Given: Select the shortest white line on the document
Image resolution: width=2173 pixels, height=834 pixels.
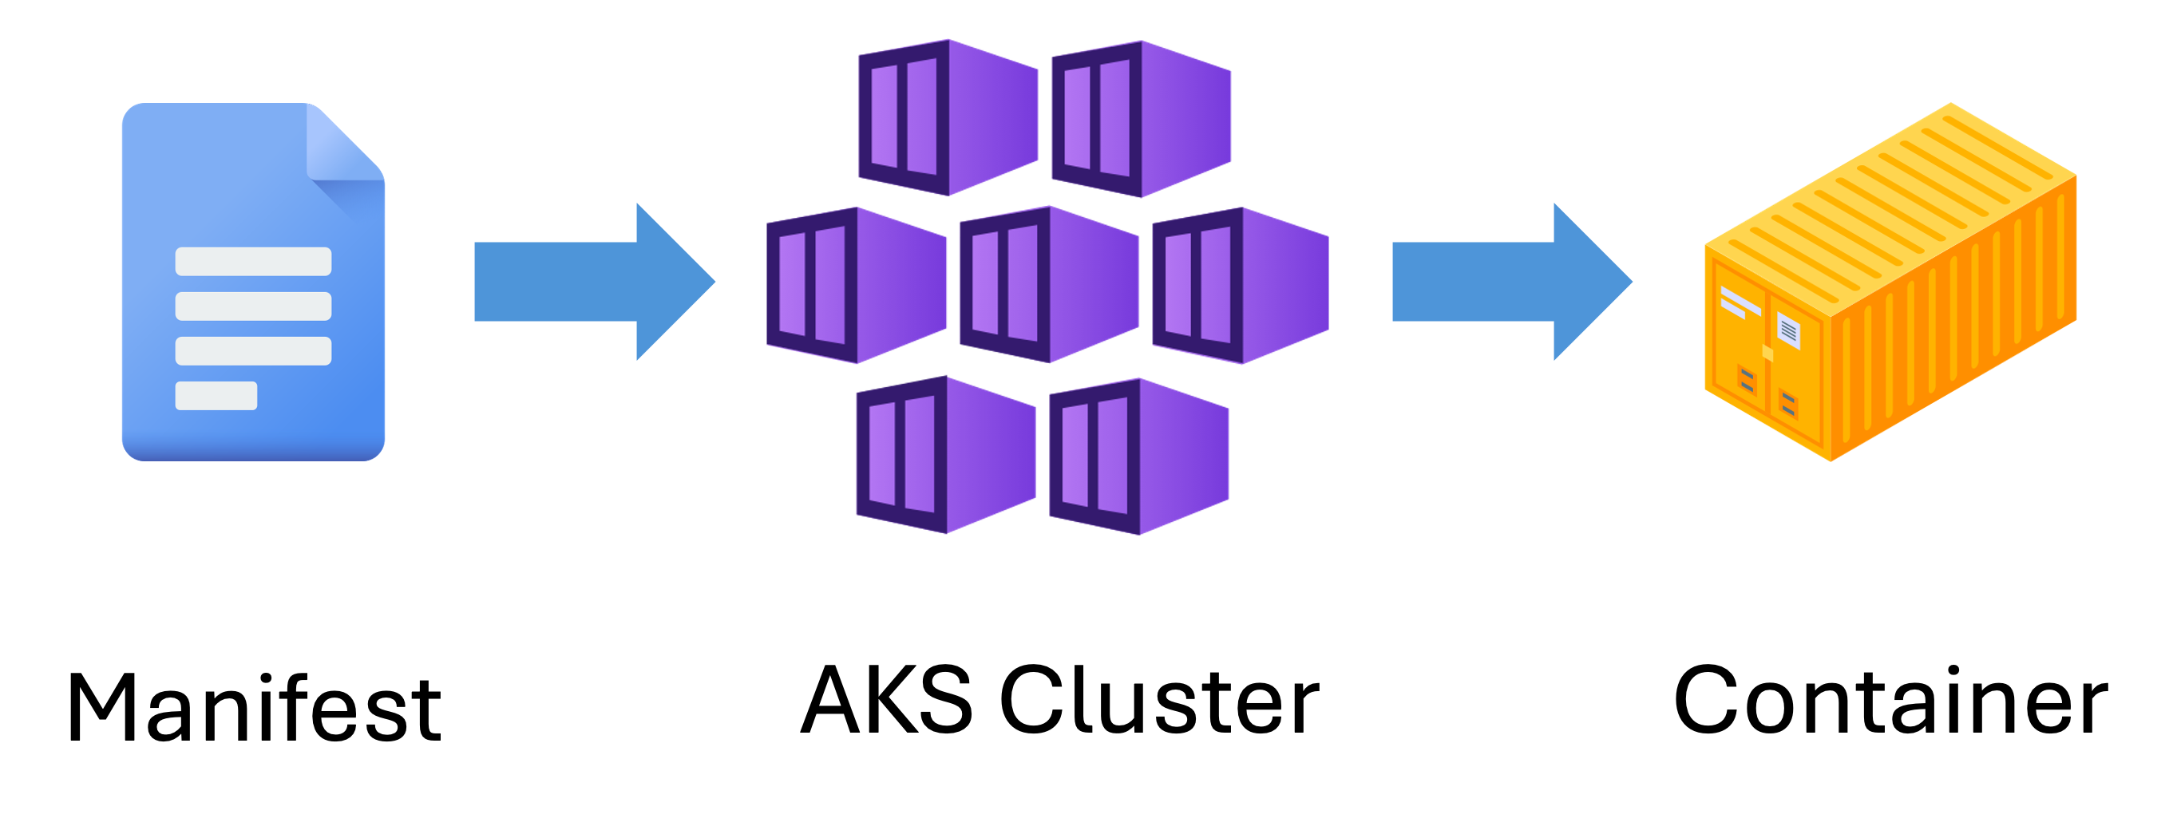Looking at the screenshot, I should [x=216, y=396].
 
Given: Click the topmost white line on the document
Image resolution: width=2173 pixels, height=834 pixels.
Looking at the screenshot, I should [x=253, y=262].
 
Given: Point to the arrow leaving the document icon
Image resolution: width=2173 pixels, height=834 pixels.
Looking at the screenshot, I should [x=591, y=282].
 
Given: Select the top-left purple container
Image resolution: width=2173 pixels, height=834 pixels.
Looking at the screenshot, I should [x=948, y=117].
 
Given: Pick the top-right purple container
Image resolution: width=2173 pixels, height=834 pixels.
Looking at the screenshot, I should [x=1141, y=119].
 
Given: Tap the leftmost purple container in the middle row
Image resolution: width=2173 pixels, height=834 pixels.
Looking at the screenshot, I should [x=857, y=285].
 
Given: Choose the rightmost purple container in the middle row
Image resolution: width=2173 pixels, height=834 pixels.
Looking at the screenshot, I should [x=1240, y=285].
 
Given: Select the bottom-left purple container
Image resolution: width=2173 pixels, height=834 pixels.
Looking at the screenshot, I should [x=946, y=455].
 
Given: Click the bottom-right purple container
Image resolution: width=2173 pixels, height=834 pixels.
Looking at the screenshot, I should [x=1139, y=457].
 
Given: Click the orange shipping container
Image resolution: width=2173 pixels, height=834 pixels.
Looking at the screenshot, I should [x=1890, y=287].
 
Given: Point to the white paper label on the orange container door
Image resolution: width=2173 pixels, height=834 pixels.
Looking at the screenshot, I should [x=1788, y=330].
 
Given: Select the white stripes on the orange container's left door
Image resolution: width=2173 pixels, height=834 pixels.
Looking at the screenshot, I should [x=1738, y=302].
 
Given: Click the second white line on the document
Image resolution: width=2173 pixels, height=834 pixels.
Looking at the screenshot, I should [x=253, y=306].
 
